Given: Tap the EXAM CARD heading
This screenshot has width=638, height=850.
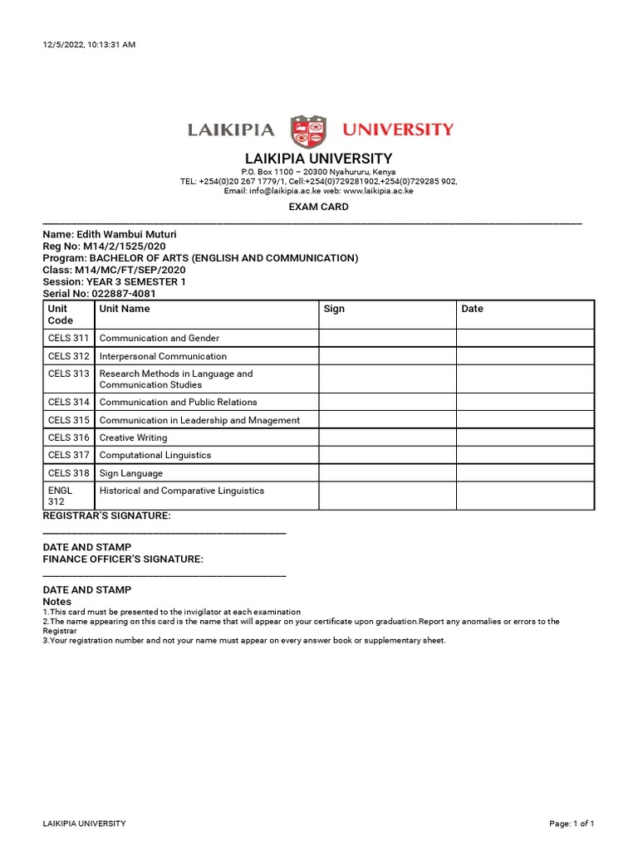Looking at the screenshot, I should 318,207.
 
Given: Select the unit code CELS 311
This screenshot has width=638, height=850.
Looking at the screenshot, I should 69,339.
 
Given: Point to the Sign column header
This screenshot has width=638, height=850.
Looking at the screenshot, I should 334,309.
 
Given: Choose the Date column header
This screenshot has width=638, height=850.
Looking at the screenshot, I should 472,309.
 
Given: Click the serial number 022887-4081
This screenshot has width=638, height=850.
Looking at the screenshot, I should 124,294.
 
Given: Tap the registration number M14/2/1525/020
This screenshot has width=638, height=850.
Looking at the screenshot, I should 123,247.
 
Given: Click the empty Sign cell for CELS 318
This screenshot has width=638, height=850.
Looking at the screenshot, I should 386,473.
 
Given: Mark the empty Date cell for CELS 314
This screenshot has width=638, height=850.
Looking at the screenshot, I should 524,403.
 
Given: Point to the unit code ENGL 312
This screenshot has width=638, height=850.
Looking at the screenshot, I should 61,496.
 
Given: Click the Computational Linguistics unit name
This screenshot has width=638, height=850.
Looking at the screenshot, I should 155,455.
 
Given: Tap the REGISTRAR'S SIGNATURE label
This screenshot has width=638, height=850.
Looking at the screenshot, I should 107,516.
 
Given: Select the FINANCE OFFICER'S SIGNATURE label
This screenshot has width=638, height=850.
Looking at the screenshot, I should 123,559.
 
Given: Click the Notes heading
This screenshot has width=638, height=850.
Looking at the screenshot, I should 57,602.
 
